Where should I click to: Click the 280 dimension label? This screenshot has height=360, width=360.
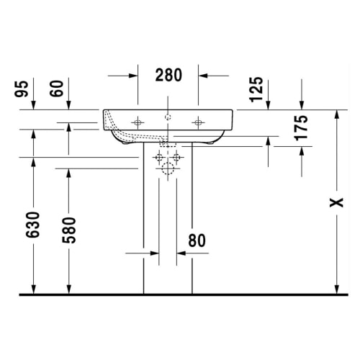tap(168, 75)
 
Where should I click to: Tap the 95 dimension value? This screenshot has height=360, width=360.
tap(22, 89)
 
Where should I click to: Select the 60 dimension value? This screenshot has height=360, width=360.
tap(57, 89)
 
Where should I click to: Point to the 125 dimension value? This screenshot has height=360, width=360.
tap(256, 89)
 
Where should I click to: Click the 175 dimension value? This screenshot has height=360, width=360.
tap(301, 128)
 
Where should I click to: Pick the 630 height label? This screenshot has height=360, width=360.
tap(32, 225)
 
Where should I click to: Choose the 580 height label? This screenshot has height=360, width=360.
tap(69, 230)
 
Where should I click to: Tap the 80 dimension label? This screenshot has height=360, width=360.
tap(197, 240)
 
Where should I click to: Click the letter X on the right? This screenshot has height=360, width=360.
tap(336, 202)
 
